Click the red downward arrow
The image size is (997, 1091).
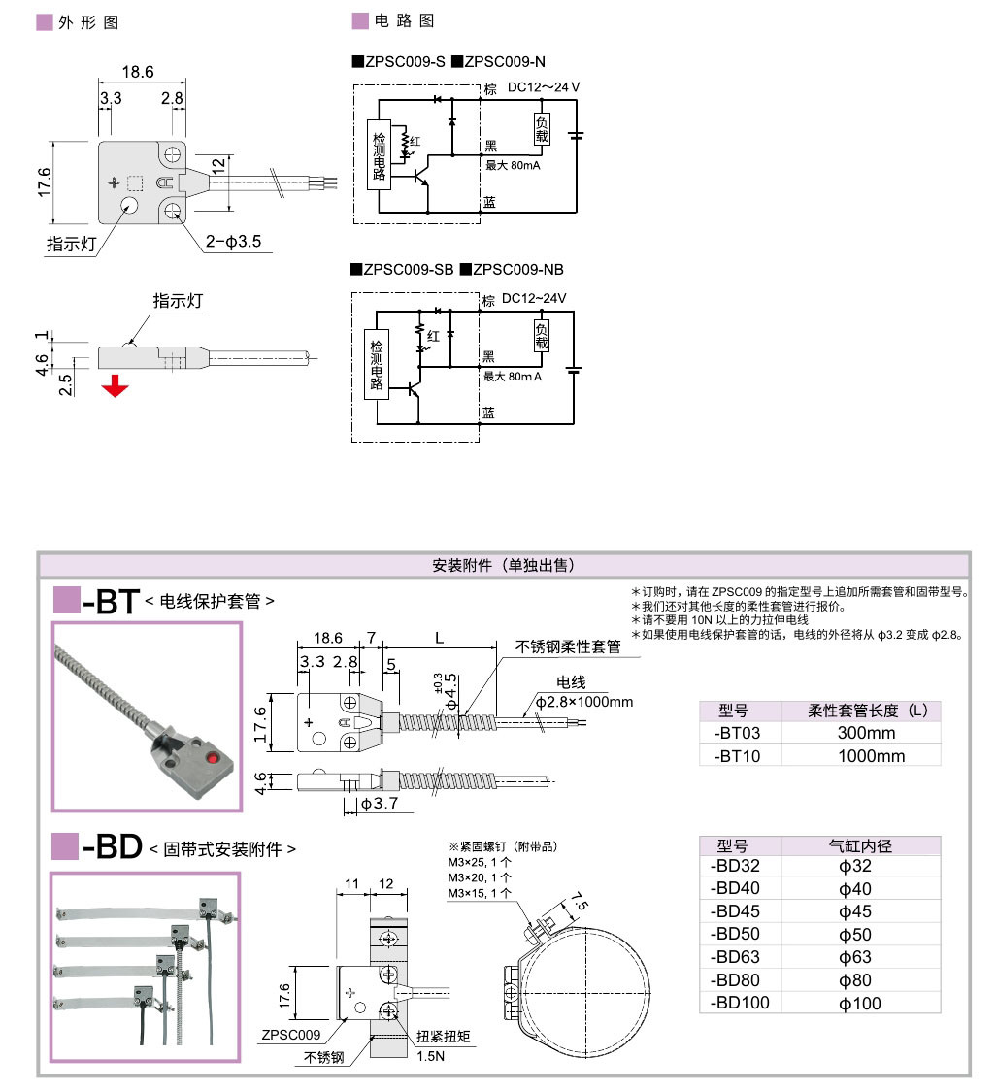click(x=116, y=386)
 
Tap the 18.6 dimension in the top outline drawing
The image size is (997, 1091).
click(x=137, y=72)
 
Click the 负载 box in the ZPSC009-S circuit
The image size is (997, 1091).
click(x=542, y=130)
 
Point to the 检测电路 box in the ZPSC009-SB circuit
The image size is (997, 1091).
click(x=377, y=364)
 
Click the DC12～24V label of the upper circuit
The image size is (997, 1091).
click(x=544, y=87)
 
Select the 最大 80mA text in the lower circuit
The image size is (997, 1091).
click(x=513, y=377)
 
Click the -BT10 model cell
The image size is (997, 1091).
click(x=737, y=756)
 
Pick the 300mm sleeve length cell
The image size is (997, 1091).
click(x=866, y=733)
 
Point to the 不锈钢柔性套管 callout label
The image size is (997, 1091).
click(x=568, y=646)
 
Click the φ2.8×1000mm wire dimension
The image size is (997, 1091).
click(x=583, y=702)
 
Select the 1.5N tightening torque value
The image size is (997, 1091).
click(x=430, y=1056)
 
